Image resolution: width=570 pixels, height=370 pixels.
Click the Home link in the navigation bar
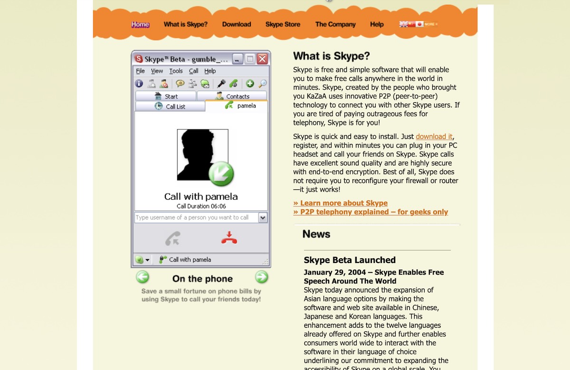[140, 24]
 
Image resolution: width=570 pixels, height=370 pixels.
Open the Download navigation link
[237, 24]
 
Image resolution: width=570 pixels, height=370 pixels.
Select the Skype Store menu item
[283, 24]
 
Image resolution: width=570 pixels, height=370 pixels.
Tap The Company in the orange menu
[335, 24]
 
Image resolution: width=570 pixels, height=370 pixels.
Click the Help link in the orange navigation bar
[377, 24]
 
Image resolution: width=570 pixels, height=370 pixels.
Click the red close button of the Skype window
[262, 59]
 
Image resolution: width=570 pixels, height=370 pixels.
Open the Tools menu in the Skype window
[176, 71]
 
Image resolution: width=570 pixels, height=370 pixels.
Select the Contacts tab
[232, 96]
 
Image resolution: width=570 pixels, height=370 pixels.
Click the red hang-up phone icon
[229, 238]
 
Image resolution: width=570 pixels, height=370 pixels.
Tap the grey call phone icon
[172, 238]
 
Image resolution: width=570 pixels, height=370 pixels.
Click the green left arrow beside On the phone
[142, 277]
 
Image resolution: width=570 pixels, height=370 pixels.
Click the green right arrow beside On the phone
[261, 277]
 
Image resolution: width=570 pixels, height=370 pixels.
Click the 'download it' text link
[434, 136]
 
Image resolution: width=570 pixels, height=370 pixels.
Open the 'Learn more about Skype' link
[341, 203]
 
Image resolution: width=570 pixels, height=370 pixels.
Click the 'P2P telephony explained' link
[370, 212]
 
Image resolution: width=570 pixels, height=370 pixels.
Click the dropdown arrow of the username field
[263, 217]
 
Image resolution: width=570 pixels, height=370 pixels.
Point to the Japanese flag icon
[419, 24]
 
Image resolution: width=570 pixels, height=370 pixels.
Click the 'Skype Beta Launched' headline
[350, 260]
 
